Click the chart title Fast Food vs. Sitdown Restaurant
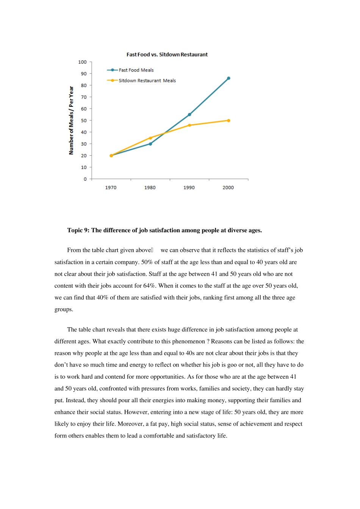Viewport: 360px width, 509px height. (167, 55)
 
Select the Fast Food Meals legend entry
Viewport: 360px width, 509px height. (136, 70)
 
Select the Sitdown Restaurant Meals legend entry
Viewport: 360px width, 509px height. (147, 81)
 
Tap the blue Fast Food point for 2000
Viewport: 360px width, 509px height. (229, 78)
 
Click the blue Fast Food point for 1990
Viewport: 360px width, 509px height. (189, 114)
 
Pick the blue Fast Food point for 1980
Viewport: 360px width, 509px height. (150, 144)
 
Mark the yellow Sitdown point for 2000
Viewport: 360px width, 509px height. (229, 120)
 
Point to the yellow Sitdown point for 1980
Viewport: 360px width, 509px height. (150, 138)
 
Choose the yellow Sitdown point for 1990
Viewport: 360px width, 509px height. (189, 125)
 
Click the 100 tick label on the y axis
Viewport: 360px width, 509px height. (82, 62)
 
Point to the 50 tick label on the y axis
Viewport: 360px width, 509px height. (84, 120)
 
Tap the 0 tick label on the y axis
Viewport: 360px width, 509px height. (85, 179)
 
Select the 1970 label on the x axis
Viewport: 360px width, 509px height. (111, 187)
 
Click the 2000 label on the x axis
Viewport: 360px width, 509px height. (228, 187)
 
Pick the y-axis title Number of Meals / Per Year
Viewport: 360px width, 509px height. (71, 120)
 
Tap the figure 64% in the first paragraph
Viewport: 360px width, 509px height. (149, 286)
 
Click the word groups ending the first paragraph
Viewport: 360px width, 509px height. (63, 309)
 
